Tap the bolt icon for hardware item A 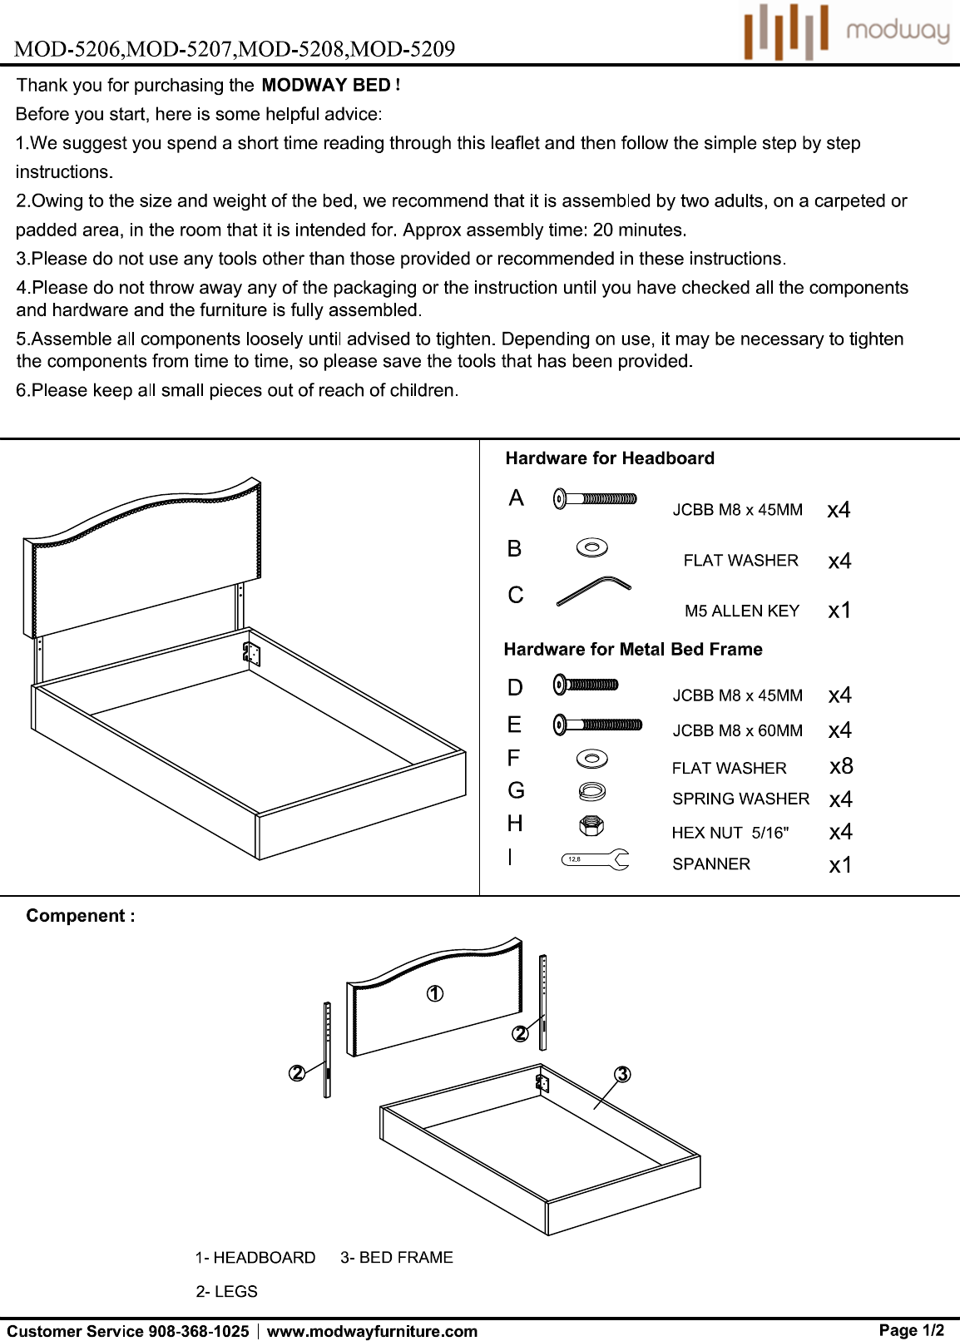595,498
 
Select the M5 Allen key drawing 593,591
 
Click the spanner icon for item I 595,859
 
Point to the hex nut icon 592,826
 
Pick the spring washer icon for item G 592,792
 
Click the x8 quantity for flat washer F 841,766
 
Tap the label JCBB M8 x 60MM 737,730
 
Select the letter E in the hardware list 514,725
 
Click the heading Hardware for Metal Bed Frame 633,649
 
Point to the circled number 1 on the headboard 435,994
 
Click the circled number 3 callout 622,1075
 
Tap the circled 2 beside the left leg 297,1073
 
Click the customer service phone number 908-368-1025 198,1331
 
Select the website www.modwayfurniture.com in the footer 372,1331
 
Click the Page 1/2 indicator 911,1330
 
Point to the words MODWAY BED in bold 326,85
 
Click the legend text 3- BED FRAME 397,1257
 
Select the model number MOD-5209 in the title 403,48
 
